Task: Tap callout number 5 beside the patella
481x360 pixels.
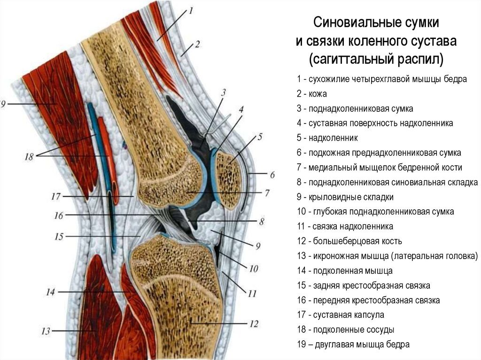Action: [x=259, y=137]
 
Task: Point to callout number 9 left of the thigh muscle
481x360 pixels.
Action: [x=3, y=103]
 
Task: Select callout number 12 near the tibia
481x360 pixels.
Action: [x=254, y=323]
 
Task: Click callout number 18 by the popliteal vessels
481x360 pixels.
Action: [x=29, y=157]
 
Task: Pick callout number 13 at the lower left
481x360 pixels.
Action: [x=45, y=331]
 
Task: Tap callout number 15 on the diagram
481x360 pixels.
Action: [x=58, y=237]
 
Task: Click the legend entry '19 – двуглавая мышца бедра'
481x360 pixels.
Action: [x=353, y=344]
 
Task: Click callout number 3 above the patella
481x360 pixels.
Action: [x=224, y=92]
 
